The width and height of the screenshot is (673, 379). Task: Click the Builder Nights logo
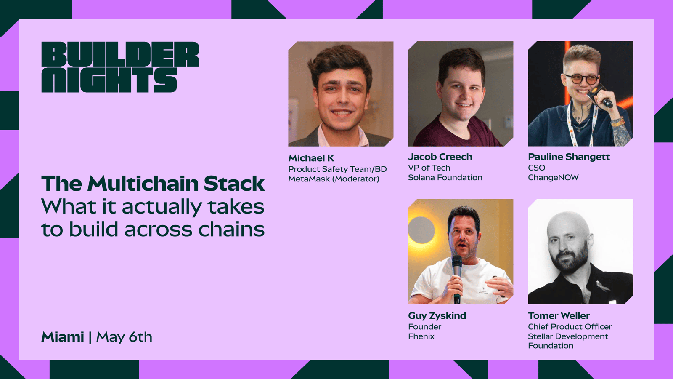(x=120, y=67)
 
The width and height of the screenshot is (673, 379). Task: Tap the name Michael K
(x=311, y=158)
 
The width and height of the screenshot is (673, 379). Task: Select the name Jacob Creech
(x=440, y=157)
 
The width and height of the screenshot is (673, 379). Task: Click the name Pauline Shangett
(x=569, y=157)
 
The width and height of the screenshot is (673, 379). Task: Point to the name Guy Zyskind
(x=437, y=315)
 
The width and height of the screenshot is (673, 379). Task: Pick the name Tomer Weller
(x=559, y=315)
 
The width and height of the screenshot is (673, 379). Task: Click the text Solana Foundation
(x=445, y=177)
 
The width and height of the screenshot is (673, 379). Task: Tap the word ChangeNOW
(x=553, y=177)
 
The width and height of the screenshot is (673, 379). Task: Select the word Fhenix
(x=421, y=336)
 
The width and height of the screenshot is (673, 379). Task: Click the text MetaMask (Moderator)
(x=334, y=179)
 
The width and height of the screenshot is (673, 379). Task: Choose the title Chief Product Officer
(x=570, y=327)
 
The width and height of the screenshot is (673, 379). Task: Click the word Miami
(x=63, y=337)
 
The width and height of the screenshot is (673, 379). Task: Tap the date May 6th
(x=124, y=337)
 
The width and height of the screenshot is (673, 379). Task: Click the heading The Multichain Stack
(x=153, y=184)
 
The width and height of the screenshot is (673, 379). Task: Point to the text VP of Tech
(x=429, y=168)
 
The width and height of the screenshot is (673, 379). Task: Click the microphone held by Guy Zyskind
(x=457, y=278)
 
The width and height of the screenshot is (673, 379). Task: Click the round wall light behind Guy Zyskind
(x=421, y=230)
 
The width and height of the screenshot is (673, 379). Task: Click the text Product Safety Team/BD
(x=337, y=169)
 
